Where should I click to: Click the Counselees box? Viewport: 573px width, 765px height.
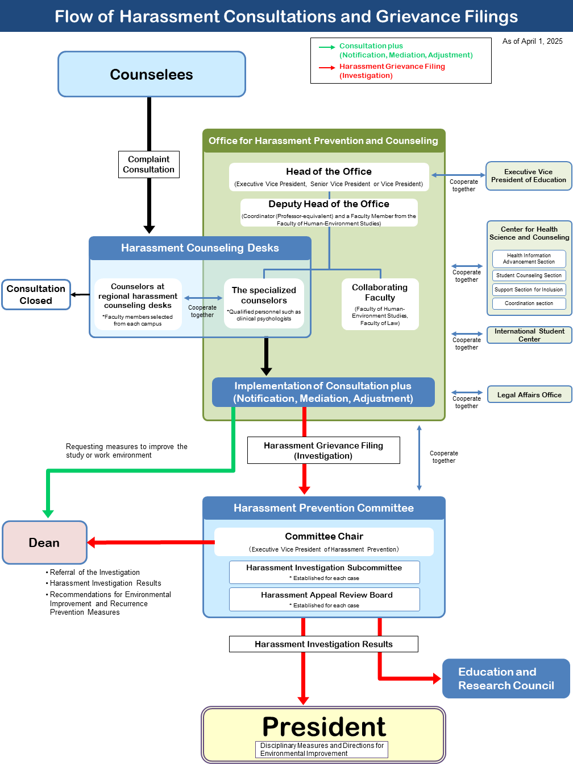click(x=152, y=74)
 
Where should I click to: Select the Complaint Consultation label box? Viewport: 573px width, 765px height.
click(x=149, y=164)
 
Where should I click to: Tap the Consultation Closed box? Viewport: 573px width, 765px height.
click(x=36, y=294)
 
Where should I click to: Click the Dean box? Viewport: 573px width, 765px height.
click(x=44, y=542)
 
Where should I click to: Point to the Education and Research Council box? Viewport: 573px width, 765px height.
click(x=506, y=678)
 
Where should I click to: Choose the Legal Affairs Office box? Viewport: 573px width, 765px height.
click(x=529, y=394)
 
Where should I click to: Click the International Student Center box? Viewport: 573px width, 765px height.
click(x=529, y=335)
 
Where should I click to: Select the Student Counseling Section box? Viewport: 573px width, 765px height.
click(x=529, y=275)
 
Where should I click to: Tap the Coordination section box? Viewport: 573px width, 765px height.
click(x=529, y=303)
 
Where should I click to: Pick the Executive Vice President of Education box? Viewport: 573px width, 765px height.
click(x=529, y=176)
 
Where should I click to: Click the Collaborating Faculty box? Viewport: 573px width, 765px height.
click(x=380, y=304)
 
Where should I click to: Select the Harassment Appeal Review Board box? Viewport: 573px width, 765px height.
click(x=324, y=599)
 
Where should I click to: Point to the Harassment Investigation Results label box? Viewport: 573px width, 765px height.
click(x=323, y=644)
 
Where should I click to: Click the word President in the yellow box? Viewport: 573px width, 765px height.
click(x=324, y=726)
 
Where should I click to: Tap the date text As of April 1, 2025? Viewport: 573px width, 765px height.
click(x=532, y=41)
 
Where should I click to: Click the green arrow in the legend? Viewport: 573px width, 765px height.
click(x=327, y=47)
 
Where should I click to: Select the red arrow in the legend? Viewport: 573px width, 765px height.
click(x=327, y=68)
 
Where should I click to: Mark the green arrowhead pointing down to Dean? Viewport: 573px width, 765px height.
click(x=48, y=513)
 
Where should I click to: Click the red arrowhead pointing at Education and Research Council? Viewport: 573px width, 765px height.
click(x=437, y=678)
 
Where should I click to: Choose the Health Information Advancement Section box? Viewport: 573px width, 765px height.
click(x=529, y=258)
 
